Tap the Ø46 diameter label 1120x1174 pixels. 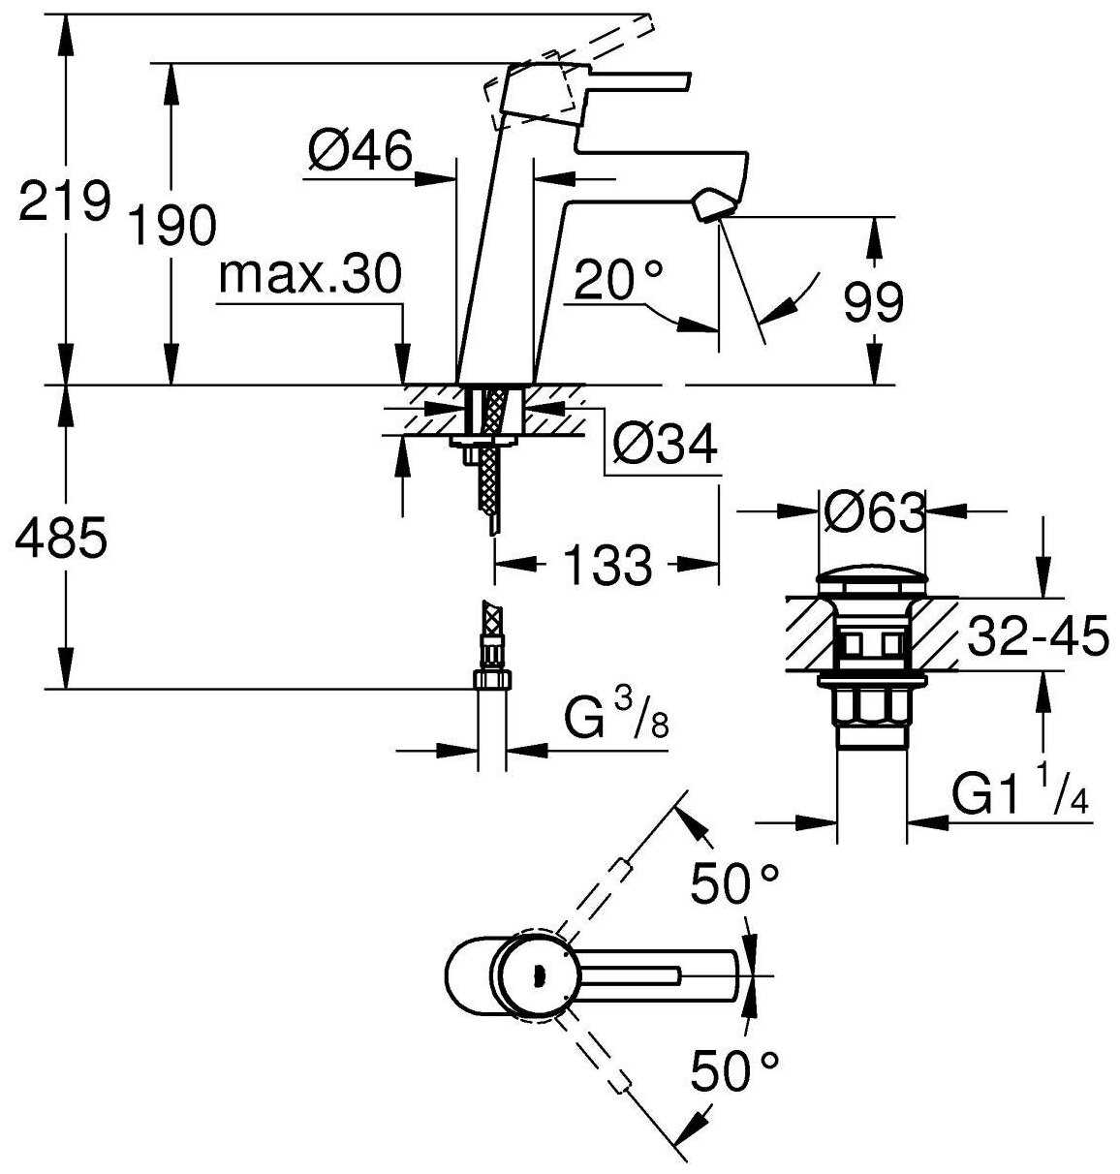tap(360, 151)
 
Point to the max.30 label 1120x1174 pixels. tap(309, 275)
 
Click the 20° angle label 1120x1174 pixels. tap(619, 282)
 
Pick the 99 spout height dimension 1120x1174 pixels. tap(873, 302)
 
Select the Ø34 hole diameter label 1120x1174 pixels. tap(666, 445)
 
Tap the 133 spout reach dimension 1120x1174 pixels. tap(607, 564)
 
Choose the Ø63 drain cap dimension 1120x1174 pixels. tap(874, 512)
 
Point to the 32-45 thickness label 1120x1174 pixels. tap(1038, 638)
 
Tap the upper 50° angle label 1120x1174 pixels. tap(734, 883)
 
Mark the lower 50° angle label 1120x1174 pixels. tap(734, 1071)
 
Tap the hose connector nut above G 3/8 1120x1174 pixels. tap(491, 679)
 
